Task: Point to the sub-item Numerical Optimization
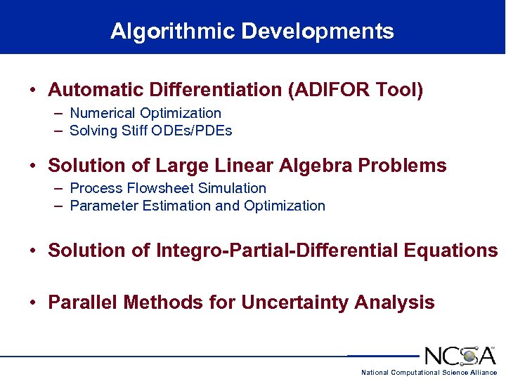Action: coord(145,113)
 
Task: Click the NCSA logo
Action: coord(460,355)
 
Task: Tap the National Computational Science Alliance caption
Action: coord(429,372)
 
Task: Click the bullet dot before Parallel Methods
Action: coord(33,303)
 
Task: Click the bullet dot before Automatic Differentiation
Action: coord(33,91)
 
